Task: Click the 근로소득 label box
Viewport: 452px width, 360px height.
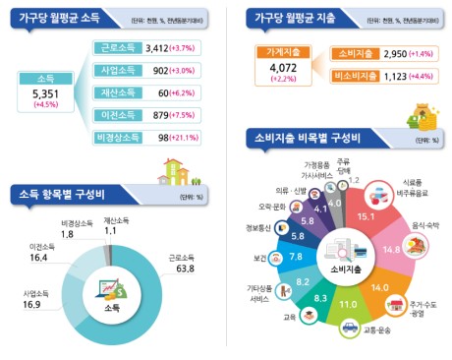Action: pyautogui.click(x=117, y=47)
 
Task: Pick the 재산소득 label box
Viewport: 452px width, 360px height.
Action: pyautogui.click(x=117, y=92)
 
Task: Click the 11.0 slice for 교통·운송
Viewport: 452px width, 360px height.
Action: pyautogui.click(x=348, y=305)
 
